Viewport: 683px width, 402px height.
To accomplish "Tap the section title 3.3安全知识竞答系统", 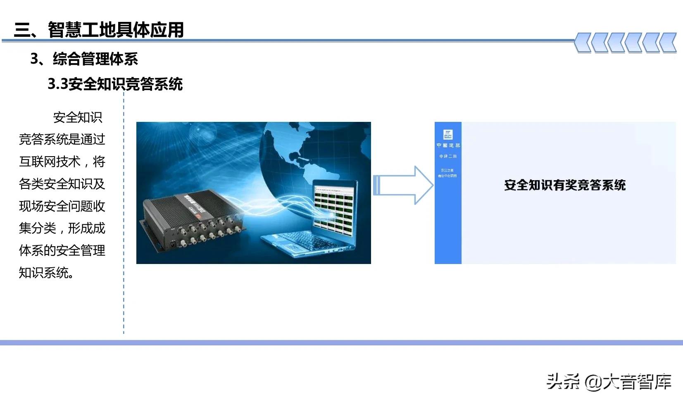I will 115,84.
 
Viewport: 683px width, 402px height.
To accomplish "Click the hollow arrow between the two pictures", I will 403,185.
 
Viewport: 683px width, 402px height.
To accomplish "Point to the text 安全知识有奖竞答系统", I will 565,185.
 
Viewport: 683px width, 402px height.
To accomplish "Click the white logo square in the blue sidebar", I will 448,134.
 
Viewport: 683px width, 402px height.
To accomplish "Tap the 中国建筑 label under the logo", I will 448,145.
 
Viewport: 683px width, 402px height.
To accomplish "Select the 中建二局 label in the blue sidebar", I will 448,156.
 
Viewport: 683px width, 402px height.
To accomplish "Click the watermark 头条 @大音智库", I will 609,381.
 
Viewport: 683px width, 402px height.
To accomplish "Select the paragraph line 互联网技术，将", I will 62,162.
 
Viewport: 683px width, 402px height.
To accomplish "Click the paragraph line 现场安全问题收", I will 62,206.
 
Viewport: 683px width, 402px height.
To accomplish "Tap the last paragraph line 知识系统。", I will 46,273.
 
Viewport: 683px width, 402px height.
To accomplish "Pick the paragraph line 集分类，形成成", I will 62,228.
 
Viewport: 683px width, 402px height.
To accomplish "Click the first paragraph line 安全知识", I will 78,117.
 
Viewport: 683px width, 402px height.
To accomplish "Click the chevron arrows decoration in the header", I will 625,43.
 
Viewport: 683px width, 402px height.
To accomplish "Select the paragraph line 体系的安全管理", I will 62,250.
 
